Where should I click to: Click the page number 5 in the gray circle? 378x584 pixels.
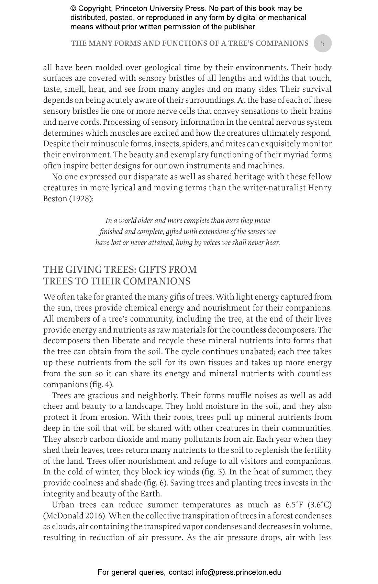(x=322, y=43)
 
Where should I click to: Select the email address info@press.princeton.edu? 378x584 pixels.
(x=238, y=572)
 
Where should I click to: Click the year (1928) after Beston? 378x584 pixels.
(x=81, y=199)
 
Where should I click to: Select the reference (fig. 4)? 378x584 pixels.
(x=101, y=384)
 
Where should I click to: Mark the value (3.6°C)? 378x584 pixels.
(x=320, y=505)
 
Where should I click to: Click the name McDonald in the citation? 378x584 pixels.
(x=64, y=516)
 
